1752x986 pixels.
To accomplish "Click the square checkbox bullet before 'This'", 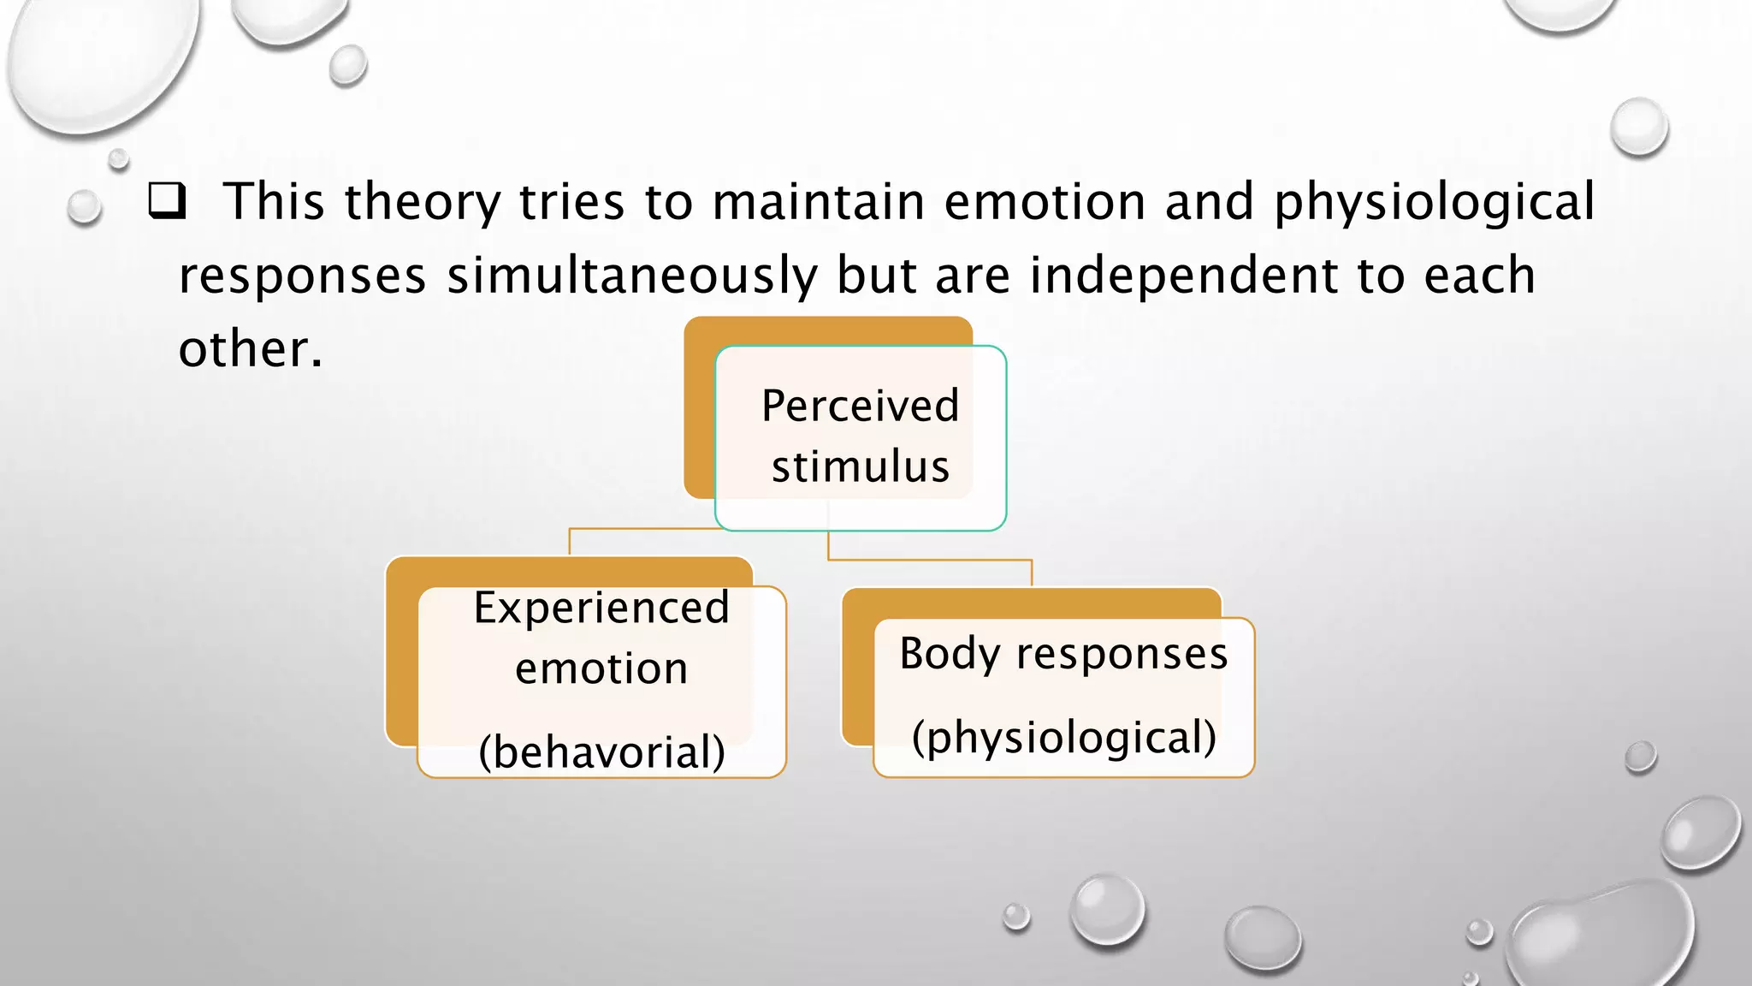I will [x=167, y=202].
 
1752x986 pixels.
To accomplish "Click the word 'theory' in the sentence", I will [x=422, y=203].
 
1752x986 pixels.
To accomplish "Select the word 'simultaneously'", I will [x=632, y=276].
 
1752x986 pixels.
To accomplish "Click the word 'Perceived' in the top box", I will [x=860, y=406].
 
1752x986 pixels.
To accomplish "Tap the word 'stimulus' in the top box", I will [x=860, y=466].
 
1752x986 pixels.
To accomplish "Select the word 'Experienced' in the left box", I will [x=601, y=608].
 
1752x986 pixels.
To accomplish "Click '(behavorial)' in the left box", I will [x=601, y=752].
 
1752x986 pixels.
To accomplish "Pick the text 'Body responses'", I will [x=1063, y=654].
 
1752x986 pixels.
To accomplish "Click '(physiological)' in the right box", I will [x=1063, y=737].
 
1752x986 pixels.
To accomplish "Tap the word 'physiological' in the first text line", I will [x=1435, y=203].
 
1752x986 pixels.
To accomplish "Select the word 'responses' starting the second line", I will [x=302, y=276].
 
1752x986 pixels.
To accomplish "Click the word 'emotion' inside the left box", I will [x=601, y=668].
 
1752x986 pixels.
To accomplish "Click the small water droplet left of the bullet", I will [x=84, y=207].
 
